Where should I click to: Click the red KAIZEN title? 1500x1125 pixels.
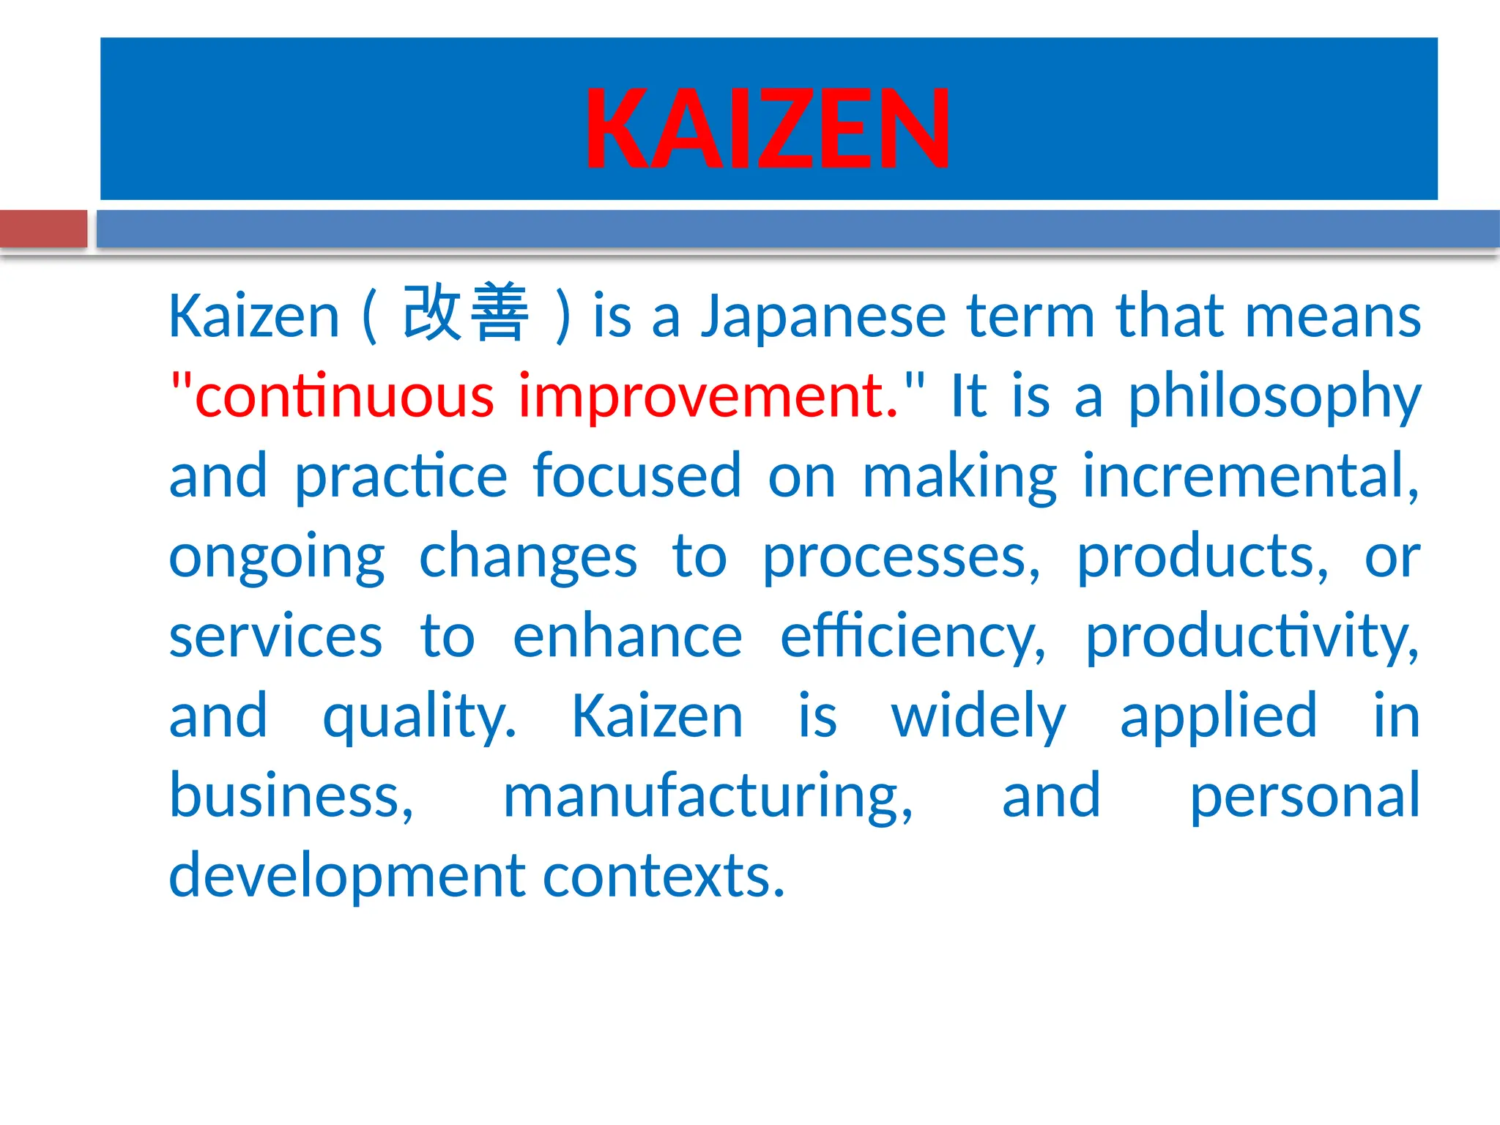(767, 129)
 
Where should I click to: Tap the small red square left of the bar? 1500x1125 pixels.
(43, 229)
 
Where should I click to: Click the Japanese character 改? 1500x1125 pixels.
(432, 313)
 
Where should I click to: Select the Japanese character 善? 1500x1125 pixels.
(499, 313)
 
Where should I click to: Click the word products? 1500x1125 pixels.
(1202, 557)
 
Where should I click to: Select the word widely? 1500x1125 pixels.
(979, 716)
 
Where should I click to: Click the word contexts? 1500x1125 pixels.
(664, 876)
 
